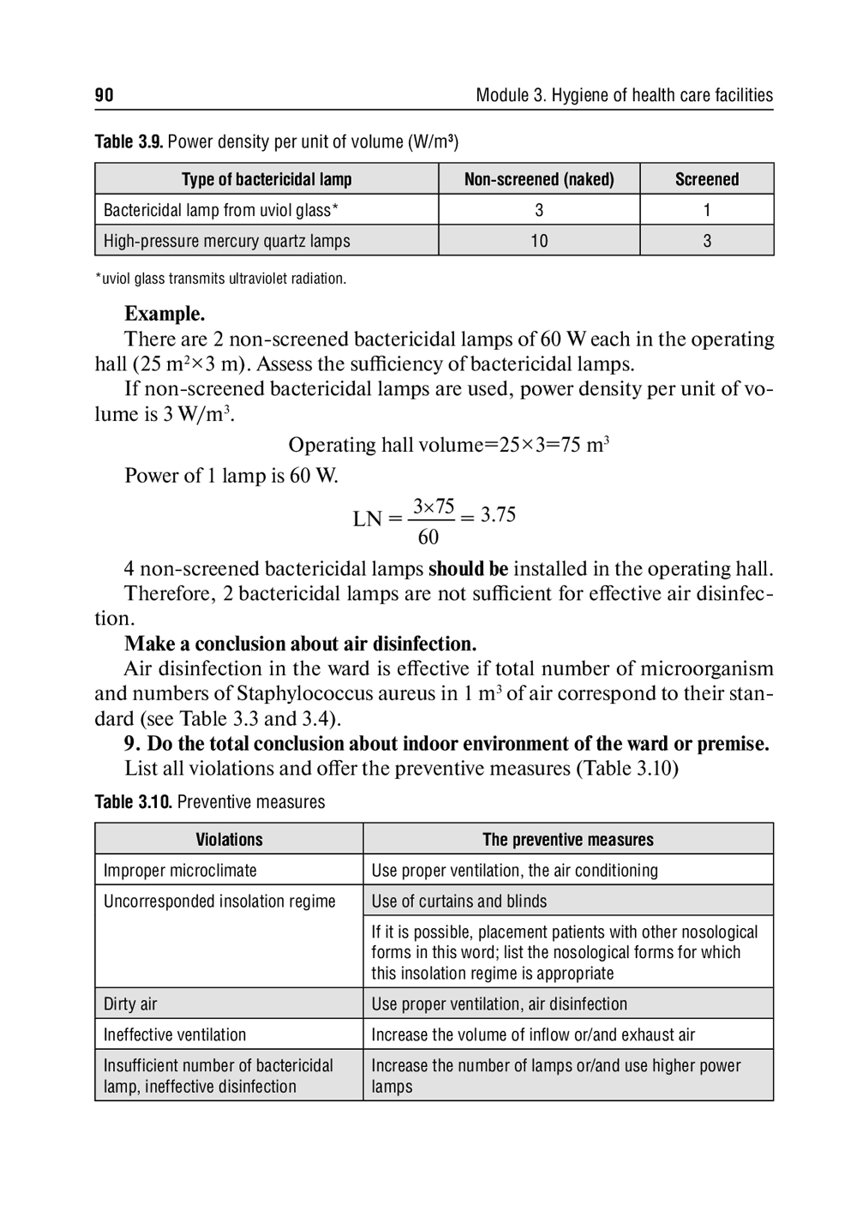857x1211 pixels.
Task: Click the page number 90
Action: tap(104, 95)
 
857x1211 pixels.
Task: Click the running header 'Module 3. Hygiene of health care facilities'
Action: tap(624, 95)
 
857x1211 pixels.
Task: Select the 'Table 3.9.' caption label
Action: tap(129, 142)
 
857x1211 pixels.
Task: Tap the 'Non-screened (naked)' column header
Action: tap(539, 179)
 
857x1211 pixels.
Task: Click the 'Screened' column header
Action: tap(706, 179)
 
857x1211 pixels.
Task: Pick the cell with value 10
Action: tap(539, 241)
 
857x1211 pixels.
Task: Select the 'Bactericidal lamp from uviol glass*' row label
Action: tap(221, 210)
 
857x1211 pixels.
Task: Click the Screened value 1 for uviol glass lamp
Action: tap(706, 210)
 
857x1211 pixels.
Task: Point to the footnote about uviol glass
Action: tap(220, 279)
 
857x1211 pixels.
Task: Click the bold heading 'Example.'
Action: tap(165, 314)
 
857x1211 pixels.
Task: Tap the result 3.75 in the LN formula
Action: tap(498, 514)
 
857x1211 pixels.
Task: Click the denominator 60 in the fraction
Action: tap(428, 537)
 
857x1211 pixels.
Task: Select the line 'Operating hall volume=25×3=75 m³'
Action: tap(448, 445)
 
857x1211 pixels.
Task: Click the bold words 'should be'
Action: tap(468, 568)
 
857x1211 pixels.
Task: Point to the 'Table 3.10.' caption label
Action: tap(134, 802)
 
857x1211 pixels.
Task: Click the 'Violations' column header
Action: tap(229, 839)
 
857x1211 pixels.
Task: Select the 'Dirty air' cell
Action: tap(130, 1004)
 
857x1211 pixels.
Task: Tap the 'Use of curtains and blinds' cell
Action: tap(458, 901)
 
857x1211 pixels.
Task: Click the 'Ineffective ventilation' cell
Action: tap(175, 1034)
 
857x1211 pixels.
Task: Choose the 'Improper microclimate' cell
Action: tap(180, 870)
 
